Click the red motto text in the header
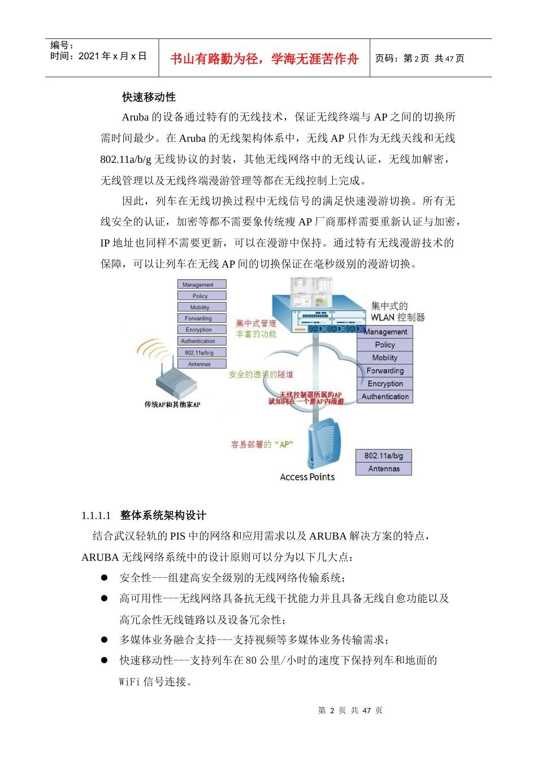264,59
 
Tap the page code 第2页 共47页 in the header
419,59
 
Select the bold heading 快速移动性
149,97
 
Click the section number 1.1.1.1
96,515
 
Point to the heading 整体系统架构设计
163,515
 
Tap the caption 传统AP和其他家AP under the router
172,405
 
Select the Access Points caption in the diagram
307,477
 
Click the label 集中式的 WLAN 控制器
397,312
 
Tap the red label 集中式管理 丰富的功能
256,329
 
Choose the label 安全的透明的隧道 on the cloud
261,374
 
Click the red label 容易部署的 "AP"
262,444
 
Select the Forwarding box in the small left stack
202,318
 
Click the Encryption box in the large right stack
385,383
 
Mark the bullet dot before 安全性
105,577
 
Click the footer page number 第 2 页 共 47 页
350,710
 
